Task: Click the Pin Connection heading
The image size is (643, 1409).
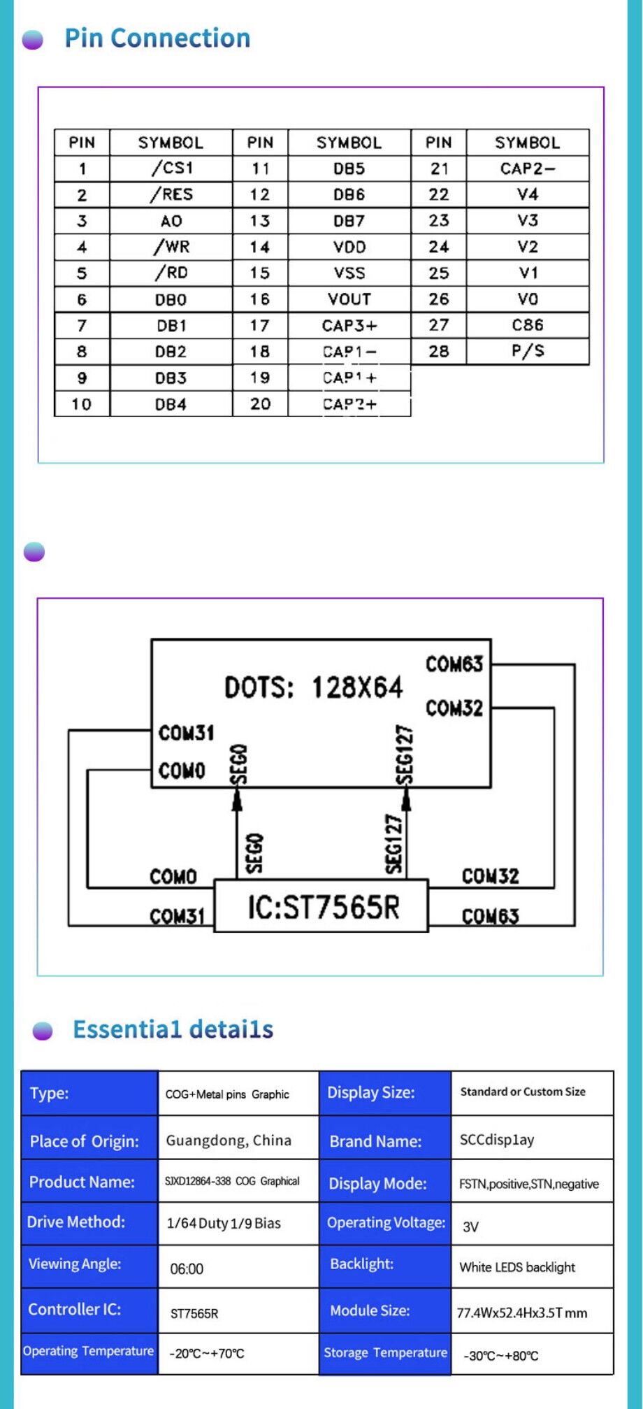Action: pos(157,38)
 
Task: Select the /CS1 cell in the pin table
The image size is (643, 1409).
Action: pos(171,168)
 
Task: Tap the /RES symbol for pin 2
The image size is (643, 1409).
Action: pos(171,194)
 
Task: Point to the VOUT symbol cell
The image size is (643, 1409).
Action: pos(349,299)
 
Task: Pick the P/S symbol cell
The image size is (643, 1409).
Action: pos(528,351)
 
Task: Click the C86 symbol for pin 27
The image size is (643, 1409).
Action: pos(528,325)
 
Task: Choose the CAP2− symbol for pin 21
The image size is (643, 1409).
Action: pos(528,168)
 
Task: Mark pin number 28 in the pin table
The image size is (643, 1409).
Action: pos(439,351)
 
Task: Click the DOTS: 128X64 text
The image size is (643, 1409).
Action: pos(313,687)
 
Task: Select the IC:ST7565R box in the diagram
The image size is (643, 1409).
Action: pos(321,906)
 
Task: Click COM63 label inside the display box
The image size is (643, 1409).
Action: pos(454,664)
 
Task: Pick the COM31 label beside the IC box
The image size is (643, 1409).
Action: pos(177,916)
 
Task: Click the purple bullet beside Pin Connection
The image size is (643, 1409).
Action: pos(33,40)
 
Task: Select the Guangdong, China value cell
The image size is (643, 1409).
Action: pos(229,1140)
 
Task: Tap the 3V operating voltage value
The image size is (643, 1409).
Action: pos(471,1226)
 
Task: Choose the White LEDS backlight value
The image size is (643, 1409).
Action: pos(517,1267)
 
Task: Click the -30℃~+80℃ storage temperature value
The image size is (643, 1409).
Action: pos(501,1356)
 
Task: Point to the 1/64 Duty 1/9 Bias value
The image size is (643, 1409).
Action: pos(224,1223)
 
